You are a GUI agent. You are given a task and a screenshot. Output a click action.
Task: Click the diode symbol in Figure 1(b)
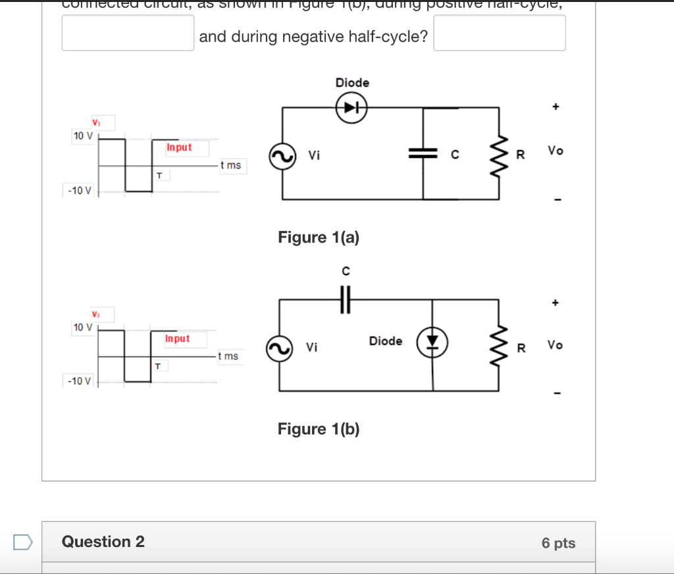pyautogui.click(x=432, y=340)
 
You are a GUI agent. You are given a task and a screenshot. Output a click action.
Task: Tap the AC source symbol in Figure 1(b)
pyautogui.click(x=279, y=349)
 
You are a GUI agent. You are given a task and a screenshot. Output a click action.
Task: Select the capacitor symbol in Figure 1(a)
pyautogui.click(x=423, y=154)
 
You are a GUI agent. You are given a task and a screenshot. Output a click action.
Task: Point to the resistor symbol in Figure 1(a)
pyautogui.click(x=499, y=154)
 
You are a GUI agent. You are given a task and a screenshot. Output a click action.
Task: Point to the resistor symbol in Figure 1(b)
pyautogui.click(x=499, y=345)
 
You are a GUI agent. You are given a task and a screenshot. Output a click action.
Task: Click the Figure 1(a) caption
pyautogui.click(x=319, y=237)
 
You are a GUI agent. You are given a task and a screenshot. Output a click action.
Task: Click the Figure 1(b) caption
pyautogui.click(x=319, y=429)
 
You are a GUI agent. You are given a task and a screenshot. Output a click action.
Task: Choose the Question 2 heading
pyautogui.click(x=103, y=542)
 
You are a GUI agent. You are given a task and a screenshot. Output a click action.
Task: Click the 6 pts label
pyautogui.click(x=558, y=543)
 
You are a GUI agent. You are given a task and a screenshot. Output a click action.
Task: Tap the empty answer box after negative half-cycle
pyautogui.click(x=500, y=33)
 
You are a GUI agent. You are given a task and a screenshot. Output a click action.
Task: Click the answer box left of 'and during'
pyautogui.click(x=128, y=33)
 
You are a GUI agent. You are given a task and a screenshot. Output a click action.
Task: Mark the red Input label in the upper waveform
pyautogui.click(x=179, y=147)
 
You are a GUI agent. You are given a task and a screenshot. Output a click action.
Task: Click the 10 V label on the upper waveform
pyautogui.click(x=83, y=136)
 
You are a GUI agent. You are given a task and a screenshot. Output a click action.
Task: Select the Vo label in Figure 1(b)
pyautogui.click(x=555, y=345)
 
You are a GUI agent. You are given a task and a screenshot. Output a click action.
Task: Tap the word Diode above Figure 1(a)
pyautogui.click(x=352, y=83)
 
